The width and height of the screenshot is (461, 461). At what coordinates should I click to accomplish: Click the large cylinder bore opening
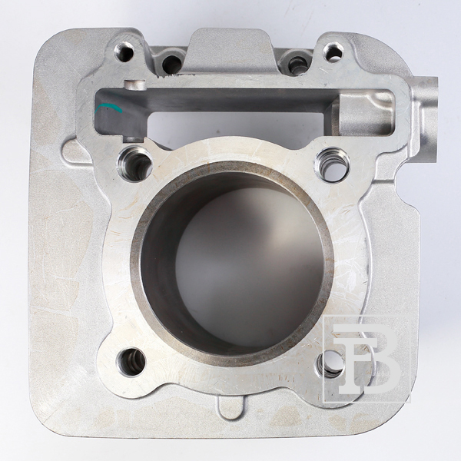(232, 263)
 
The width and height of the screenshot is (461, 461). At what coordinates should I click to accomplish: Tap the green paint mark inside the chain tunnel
(108, 108)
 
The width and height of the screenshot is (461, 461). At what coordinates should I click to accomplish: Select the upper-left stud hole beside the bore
(134, 164)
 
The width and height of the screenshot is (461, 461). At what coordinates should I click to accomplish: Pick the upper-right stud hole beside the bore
(332, 164)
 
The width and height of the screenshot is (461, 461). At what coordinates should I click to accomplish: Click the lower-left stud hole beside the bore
(131, 362)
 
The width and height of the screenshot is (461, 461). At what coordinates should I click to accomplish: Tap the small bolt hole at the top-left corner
(124, 52)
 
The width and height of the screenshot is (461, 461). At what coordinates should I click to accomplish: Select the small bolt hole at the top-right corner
(333, 53)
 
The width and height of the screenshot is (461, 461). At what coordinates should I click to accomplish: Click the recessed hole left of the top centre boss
(172, 64)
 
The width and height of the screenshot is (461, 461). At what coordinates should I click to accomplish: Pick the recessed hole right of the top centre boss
(297, 65)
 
